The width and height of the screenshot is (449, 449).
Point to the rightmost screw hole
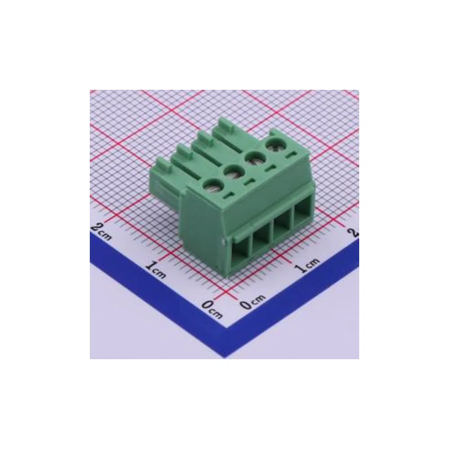coord(273,146)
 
